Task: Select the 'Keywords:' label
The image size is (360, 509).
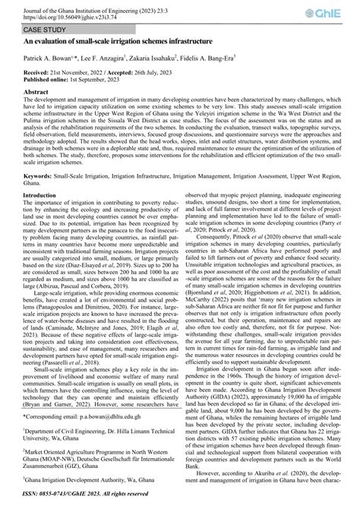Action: [x=40, y=195]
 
